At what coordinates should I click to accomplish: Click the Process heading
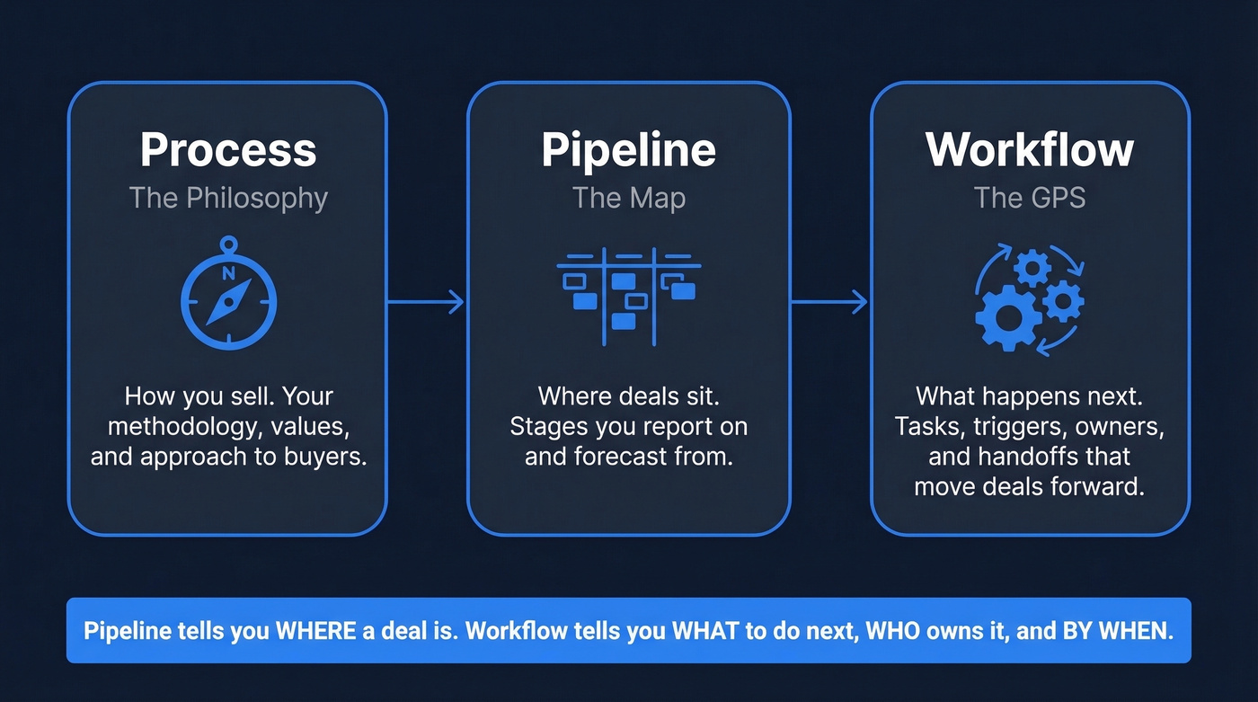point(228,150)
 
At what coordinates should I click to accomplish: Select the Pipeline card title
point(628,150)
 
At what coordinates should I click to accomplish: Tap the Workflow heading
point(1030,150)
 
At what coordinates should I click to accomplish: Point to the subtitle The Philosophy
point(228,198)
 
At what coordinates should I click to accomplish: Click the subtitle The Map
point(628,198)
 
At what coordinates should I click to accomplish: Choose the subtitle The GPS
point(1030,198)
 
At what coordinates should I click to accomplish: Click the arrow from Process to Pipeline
point(426,302)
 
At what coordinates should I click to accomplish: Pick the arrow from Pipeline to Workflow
point(829,302)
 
